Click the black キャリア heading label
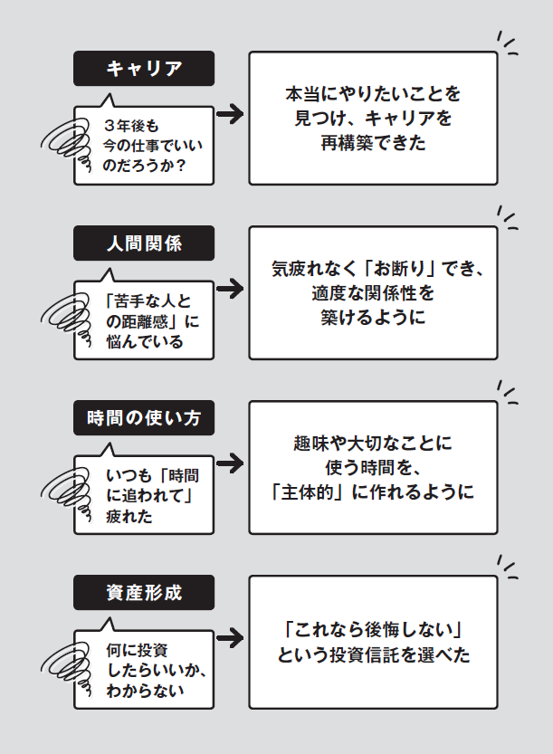tap(144, 68)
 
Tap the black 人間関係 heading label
tap(144, 243)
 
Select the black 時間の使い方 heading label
tap(144, 417)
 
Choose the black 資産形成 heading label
tap(144, 593)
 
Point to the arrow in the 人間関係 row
tap(231, 289)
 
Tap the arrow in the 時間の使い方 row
tap(231, 463)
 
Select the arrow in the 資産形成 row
tap(231, 638)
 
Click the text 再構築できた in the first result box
tap(372, 143)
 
